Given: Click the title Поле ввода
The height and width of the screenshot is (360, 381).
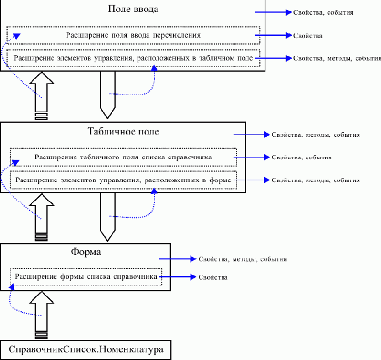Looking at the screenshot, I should [x=133, y=9].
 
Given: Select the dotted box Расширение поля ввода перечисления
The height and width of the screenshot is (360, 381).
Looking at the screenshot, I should [x=133, y=35].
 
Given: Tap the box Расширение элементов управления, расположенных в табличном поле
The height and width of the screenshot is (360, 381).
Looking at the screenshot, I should [x=133, y=59].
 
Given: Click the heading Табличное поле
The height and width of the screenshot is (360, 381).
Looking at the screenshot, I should [x=123, y=131].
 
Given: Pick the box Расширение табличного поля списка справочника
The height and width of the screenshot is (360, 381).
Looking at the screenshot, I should [x=123, y=157].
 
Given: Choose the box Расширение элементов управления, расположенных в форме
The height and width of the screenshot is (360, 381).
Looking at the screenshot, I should [x=123, y=180].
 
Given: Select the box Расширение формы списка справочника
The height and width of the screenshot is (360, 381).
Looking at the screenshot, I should [x=86, y=276].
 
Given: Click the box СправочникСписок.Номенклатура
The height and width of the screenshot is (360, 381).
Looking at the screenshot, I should [x=86, y=351].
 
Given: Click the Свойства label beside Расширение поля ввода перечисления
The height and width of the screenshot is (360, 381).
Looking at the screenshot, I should [x=307, y=36].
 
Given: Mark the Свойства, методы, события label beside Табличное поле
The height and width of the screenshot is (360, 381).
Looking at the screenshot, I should [x=315, y=134].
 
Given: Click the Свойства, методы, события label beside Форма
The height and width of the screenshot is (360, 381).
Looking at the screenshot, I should [x=242, y=259].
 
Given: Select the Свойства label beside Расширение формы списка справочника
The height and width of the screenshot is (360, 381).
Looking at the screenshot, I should [x=213, y=277].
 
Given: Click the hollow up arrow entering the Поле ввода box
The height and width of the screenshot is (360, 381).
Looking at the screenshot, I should [x=41, y=94].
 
